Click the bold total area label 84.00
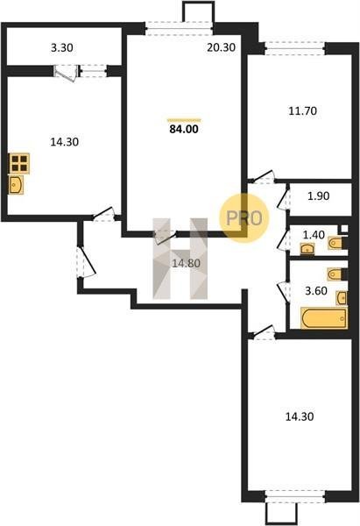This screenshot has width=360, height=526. coord(184,129)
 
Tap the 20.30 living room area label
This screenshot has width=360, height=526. coord(221,47)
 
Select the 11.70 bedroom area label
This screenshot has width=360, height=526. coord(303,110)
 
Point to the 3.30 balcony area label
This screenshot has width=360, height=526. coord(62,48)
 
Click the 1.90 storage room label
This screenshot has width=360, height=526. coord(319,195)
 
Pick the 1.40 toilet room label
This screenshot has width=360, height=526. coord(314,235)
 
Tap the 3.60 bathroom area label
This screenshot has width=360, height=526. coord(316,290)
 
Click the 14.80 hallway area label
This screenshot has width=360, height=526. coord(187,264)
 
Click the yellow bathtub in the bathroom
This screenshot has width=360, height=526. coord(324,318)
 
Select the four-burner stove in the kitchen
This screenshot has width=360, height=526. coord(19,163)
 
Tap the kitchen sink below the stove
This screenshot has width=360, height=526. coord(16,185)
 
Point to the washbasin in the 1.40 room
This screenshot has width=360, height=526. coord(307,249)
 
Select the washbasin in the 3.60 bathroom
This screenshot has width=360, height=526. coord(342,298)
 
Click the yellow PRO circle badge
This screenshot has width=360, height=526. coord(244,218)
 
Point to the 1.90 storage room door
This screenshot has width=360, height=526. coord(284,199)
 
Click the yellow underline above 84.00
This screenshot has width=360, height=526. coord(184,119)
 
